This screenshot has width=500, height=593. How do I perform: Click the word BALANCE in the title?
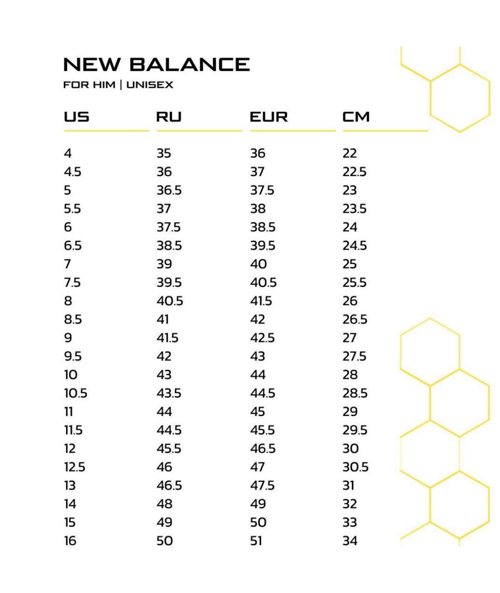point(189,64)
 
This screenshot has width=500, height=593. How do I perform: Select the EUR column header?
point(269,117)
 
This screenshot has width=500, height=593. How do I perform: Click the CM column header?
point(356,117)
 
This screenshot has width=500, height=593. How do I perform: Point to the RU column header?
point(169,117)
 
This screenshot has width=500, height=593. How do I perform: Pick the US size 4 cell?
point(68,153)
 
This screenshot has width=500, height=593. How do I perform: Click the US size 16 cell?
point(70,541)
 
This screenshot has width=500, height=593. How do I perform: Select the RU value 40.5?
point(169,301)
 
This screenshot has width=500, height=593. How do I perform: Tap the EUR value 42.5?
point(262,338)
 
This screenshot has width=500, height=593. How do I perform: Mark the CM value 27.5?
point(354,356)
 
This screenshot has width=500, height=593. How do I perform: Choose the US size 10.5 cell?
point(75,393)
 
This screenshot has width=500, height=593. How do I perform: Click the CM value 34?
point(350,541)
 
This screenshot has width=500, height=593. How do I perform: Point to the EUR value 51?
point(256,541)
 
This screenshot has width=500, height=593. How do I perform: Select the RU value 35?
point(163,153)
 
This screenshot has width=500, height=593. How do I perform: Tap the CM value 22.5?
point(354,172)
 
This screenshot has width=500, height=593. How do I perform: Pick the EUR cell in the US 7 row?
point(258,264)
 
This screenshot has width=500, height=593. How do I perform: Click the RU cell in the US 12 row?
point(169,448)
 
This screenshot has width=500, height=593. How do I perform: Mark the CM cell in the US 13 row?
point(348,486)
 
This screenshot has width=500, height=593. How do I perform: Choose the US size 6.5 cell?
point(73,246)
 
